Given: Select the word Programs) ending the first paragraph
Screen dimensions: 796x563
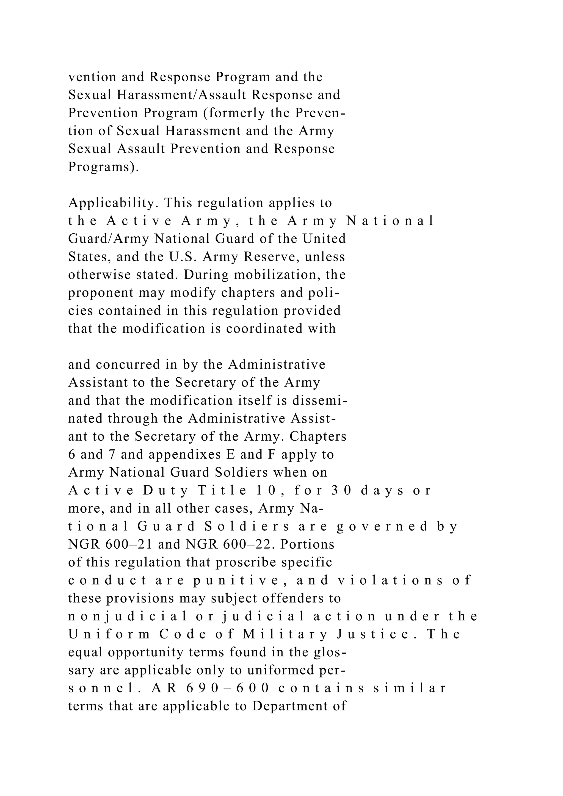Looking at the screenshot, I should point(103,167).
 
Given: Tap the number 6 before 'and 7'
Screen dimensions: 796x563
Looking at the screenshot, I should point(71,455).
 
